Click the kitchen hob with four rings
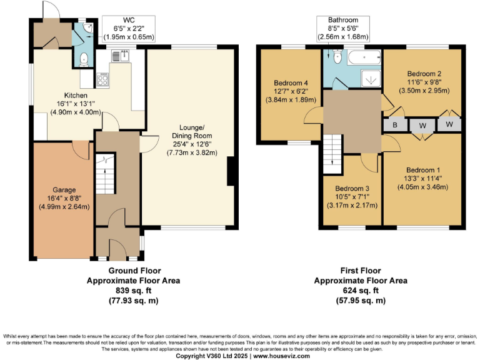point(102,79)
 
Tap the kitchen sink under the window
point(119,56)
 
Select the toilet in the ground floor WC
point(84,58)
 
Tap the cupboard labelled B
point(394,125)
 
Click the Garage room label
point(64,189)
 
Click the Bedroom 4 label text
point(291,82)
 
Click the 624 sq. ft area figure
point(360,291)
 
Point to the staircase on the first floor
point(332,151)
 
